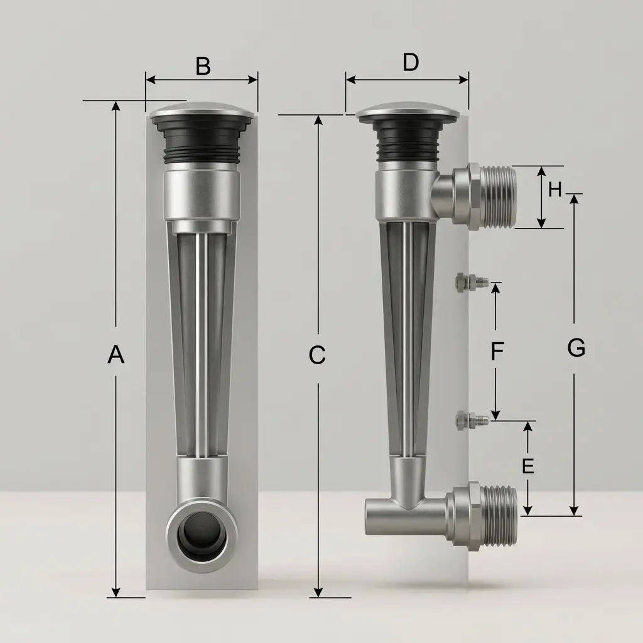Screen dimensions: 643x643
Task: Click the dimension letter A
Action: tap(116, 355)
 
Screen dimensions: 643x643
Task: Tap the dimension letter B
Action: tap(203, 66)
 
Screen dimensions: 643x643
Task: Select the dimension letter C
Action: tap(317, 355)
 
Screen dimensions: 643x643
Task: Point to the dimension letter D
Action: tap(411, 63)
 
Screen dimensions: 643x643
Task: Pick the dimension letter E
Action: tap(527, 467)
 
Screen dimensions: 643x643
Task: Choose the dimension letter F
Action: tap(497, 352)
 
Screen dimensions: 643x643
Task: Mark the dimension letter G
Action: tap(576, 348)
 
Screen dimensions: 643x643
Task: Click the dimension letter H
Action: tap(555, 190)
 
